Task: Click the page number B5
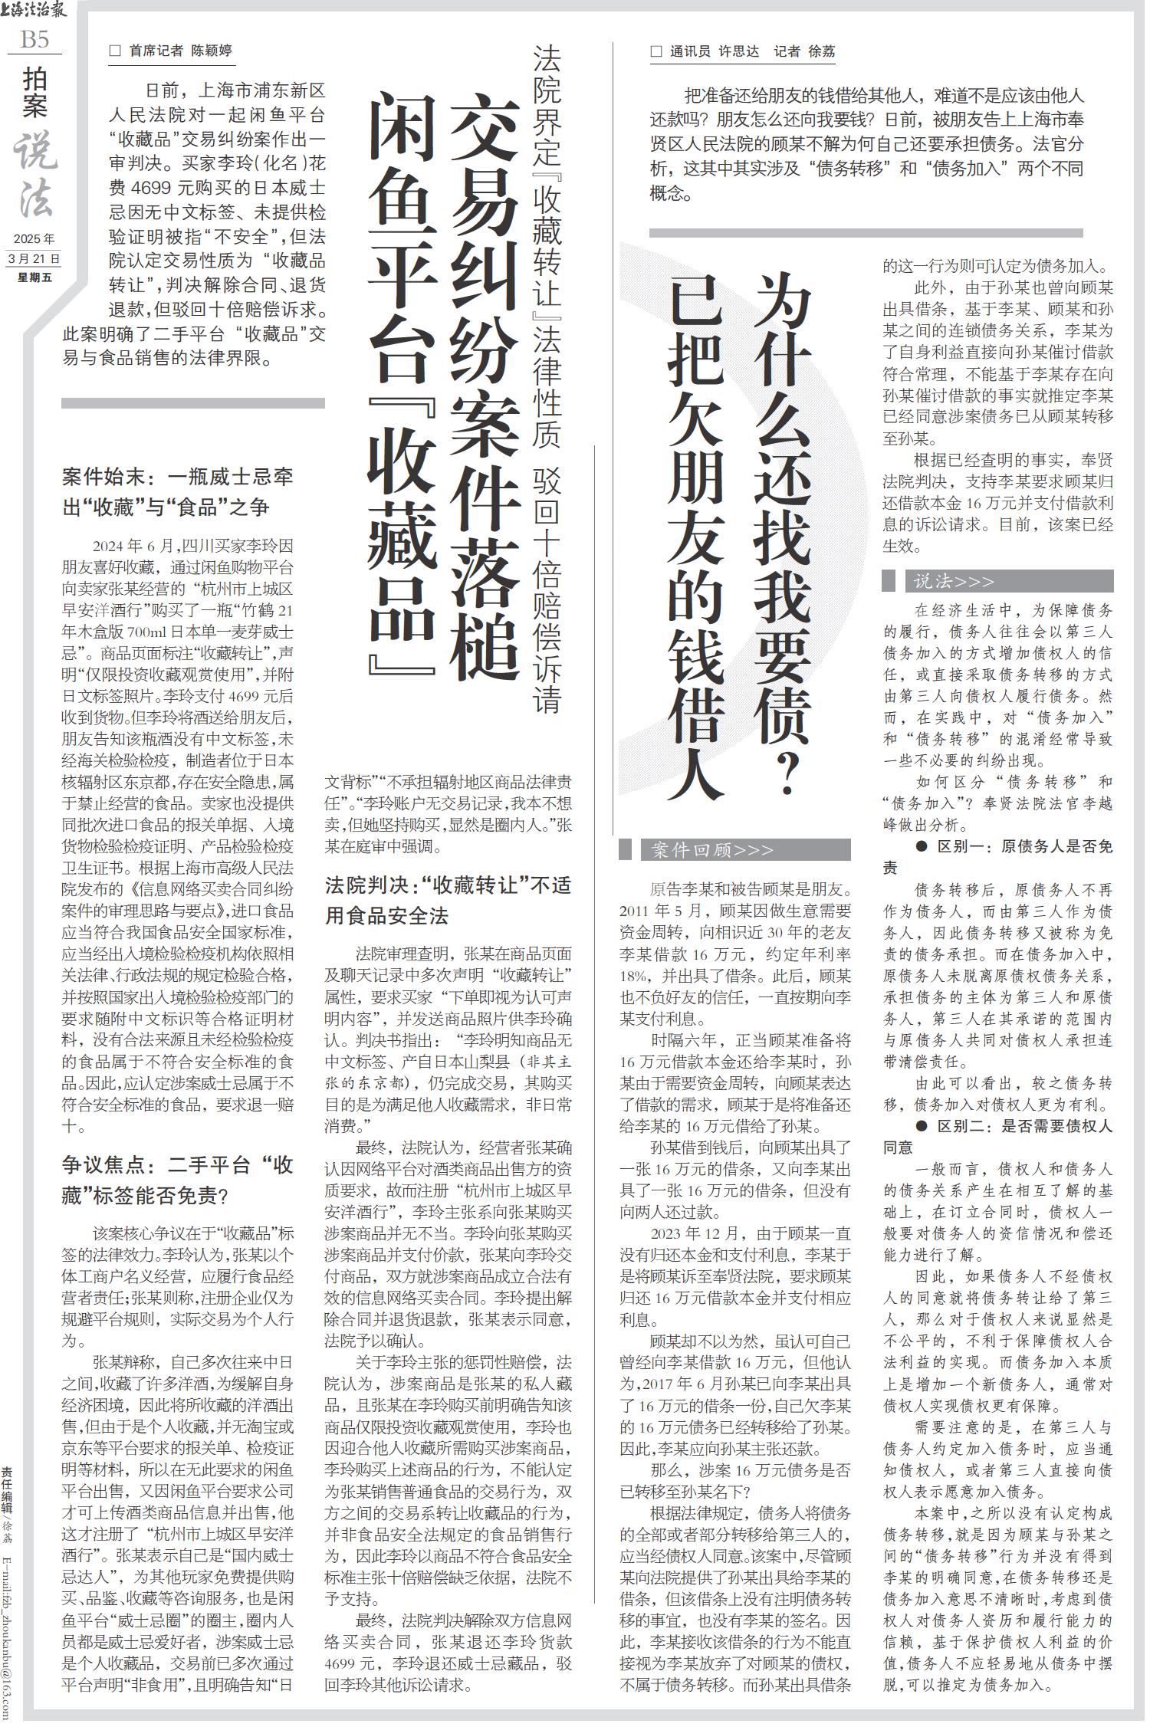click(34, 39)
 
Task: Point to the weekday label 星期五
click(34, 277)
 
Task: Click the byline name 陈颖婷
click(211, 51)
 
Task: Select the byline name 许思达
click(738, 51)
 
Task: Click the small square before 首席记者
click(116, 51)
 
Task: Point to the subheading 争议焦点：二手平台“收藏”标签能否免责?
click(178, 1180)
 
